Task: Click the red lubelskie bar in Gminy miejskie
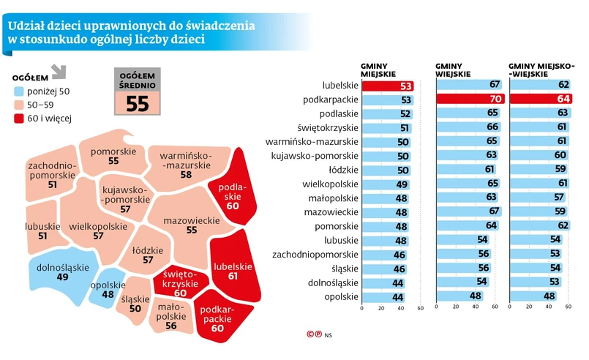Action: point(389,86)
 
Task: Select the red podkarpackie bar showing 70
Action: point(468,100)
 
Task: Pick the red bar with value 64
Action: point(541,100)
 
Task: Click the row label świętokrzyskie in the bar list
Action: point(333,127)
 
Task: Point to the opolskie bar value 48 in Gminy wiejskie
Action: point(476,296)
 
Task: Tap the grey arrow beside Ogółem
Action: point(59,72)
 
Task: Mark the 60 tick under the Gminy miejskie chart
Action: point(421,309)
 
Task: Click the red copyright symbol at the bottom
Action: point(310,334)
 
